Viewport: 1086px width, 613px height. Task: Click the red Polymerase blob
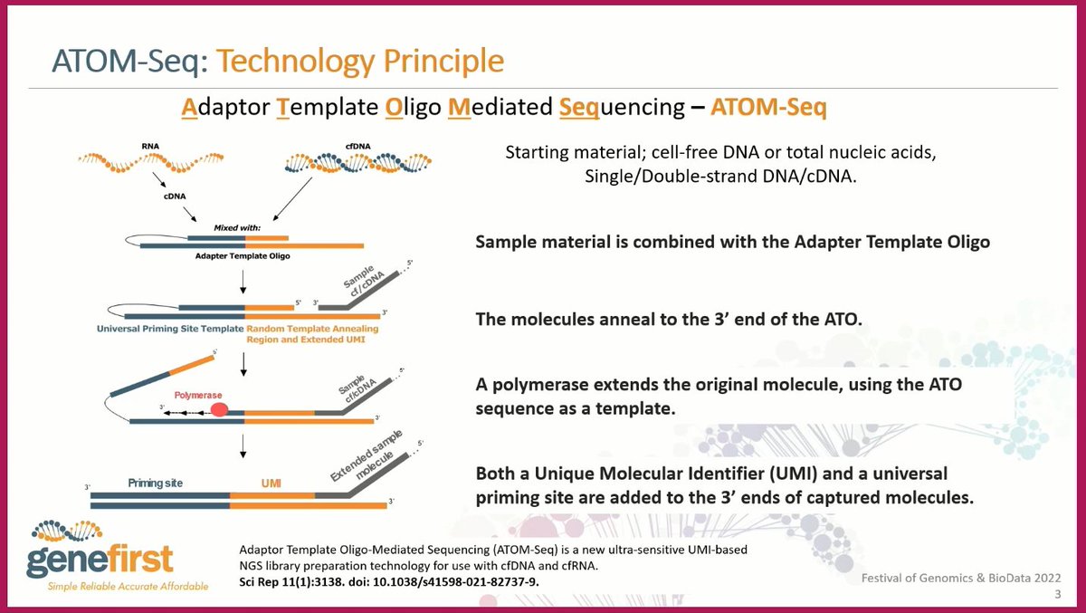pos(219,410)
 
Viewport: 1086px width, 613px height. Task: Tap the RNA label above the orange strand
pos(150,146)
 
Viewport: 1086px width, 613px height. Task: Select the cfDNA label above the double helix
pos(357,146)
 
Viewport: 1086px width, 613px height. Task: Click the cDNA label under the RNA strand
pos(175,196)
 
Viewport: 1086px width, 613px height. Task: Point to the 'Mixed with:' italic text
pos(237,228)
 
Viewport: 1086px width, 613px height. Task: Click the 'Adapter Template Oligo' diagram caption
pos(243,256)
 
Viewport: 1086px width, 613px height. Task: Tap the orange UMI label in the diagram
pos(271,483)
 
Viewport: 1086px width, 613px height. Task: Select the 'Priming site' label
pos(155,483)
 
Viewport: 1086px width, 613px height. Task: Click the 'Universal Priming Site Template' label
pos(170,329)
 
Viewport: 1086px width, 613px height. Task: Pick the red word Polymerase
pos(198,396)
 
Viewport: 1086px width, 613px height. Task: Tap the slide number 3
pos(1058,594)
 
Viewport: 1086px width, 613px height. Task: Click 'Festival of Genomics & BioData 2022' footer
pos(961,578)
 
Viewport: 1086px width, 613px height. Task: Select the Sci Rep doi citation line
pos(389,581)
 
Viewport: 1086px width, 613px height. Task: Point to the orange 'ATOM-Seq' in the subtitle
pos(768,107)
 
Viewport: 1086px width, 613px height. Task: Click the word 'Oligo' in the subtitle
pos(413,108)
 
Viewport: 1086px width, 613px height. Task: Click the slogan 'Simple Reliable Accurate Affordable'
pos(128,587)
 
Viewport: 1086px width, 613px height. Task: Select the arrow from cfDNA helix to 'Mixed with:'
pos(292,199)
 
